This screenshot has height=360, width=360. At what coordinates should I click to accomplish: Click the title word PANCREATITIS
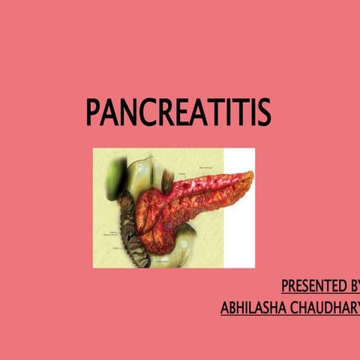tap(178, 112)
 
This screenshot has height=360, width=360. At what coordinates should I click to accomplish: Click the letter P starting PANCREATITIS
tap(93, 112)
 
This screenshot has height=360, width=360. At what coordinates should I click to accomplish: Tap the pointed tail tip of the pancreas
tap(250, 175)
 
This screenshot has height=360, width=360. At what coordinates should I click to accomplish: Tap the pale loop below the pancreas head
tap(176, 251)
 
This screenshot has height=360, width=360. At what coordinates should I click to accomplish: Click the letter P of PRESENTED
tap(285, 286)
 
